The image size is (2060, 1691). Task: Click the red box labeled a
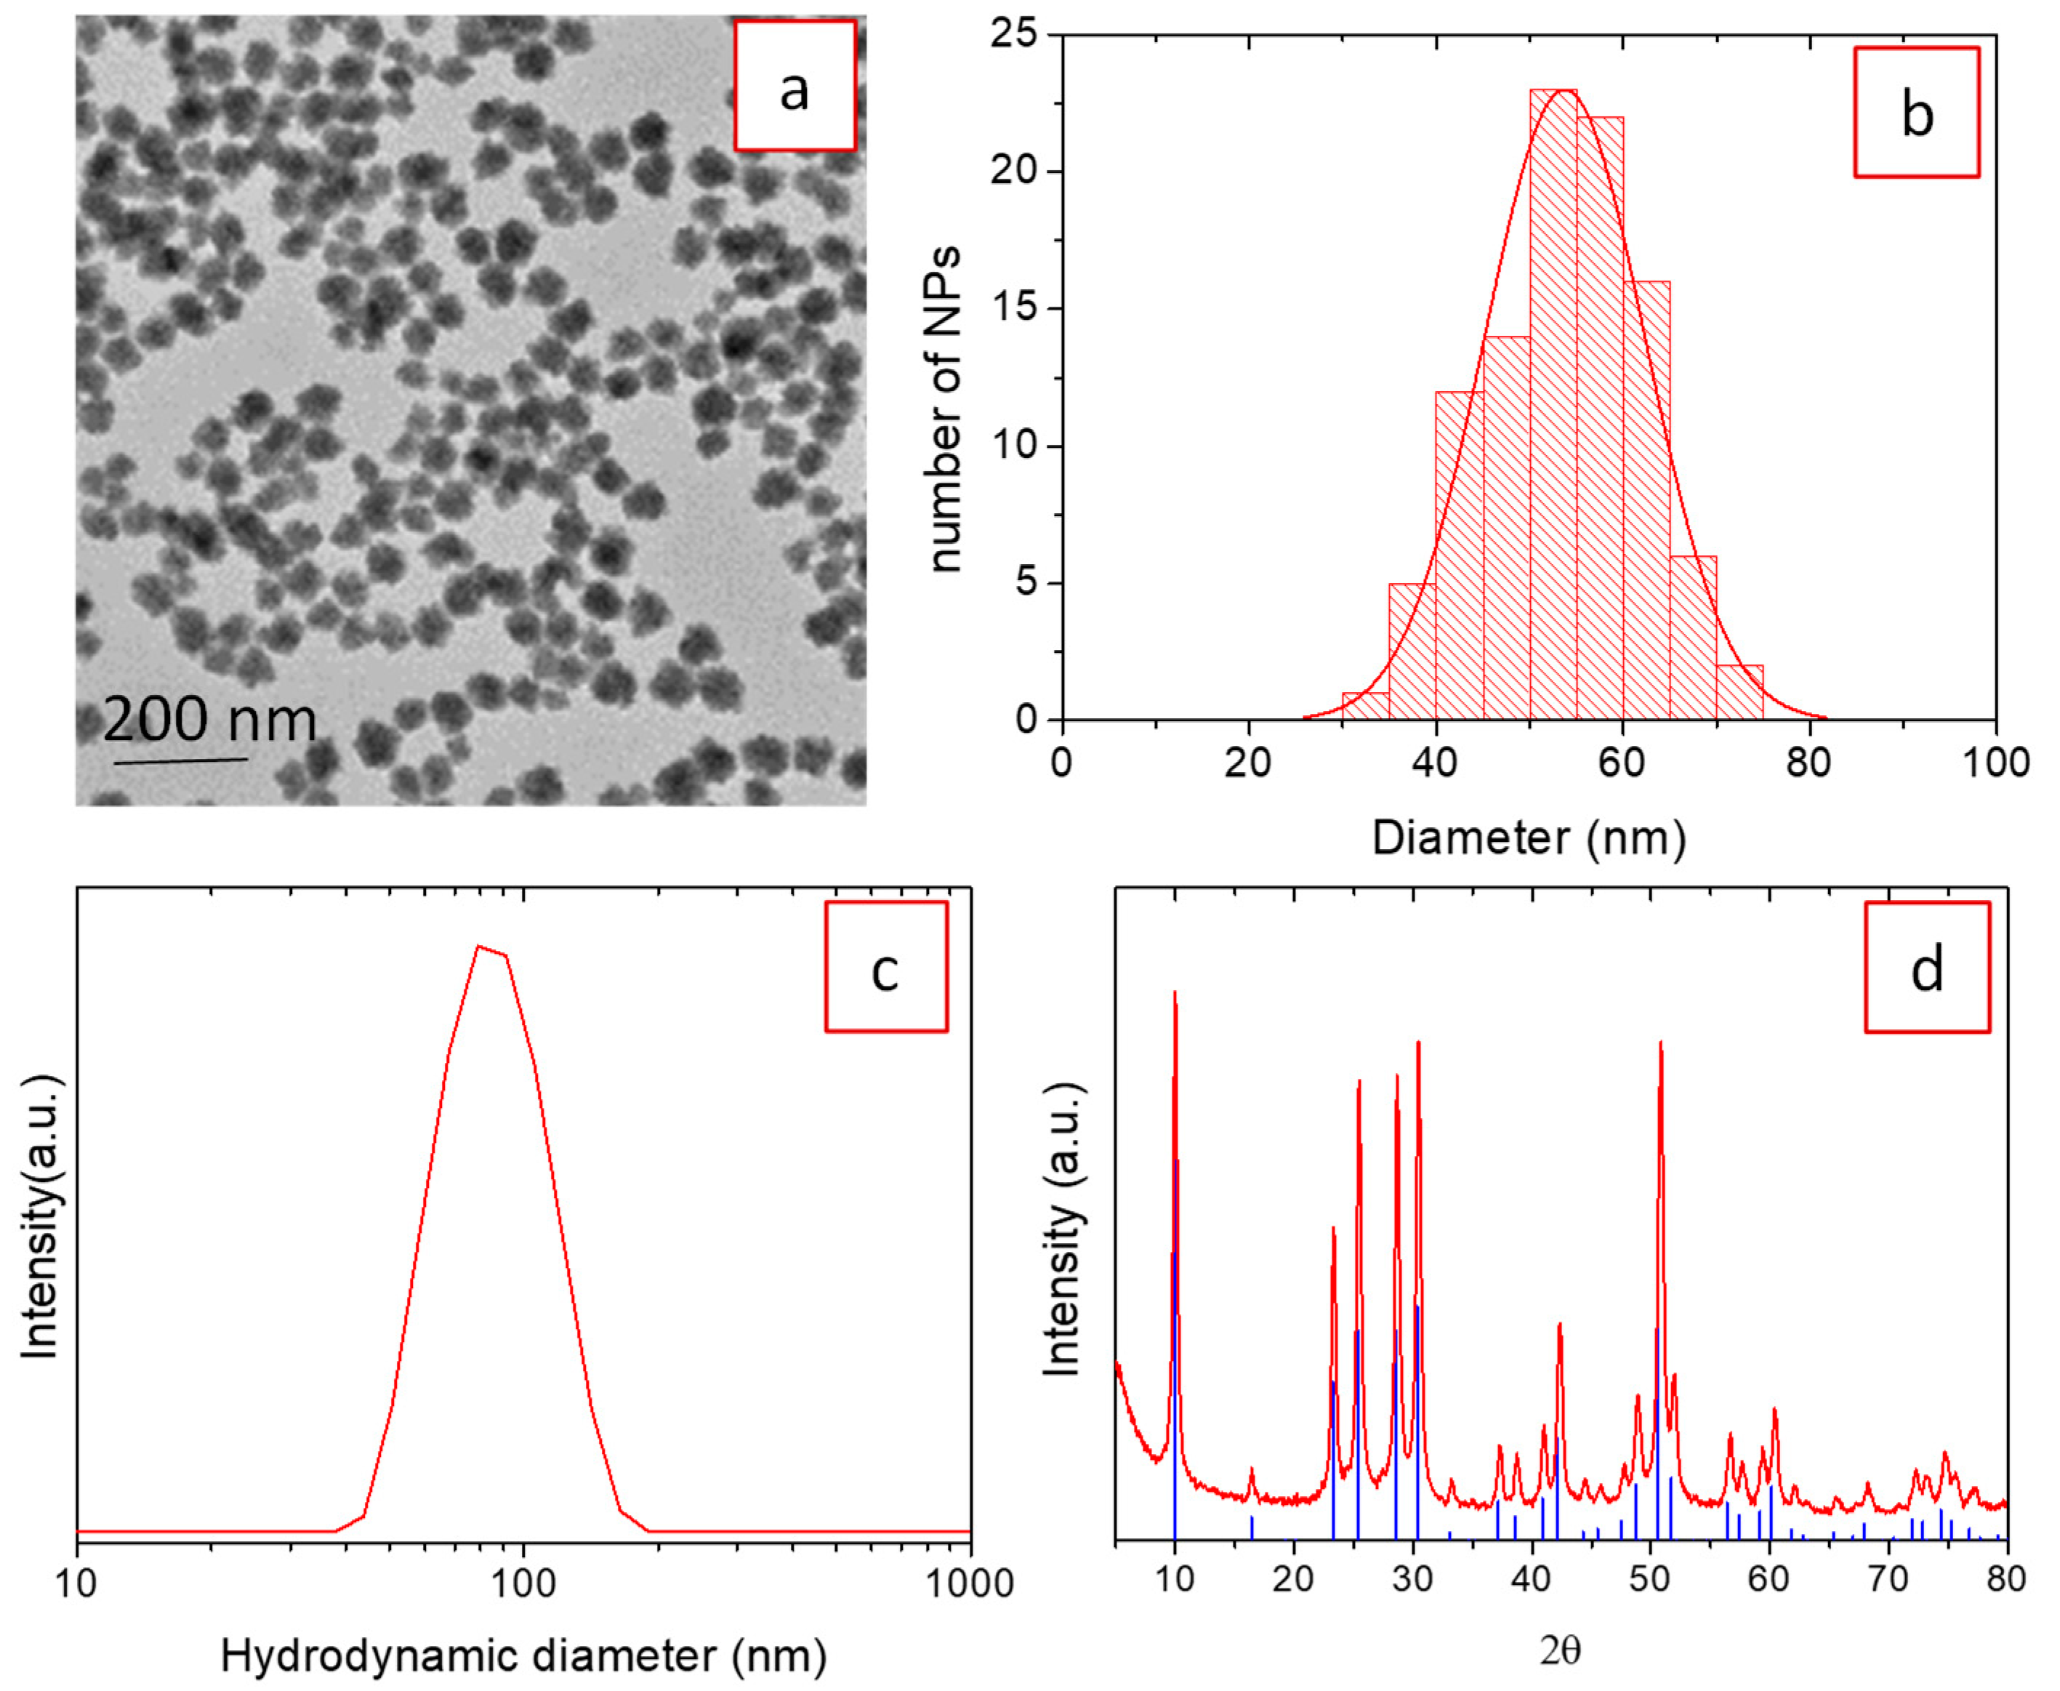pyautogui.click(x=794, y=86)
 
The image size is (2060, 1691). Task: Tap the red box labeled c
pyautogui.click(x=885, y=966)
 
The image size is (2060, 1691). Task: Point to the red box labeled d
pyautogui.click(x=1926, y=966)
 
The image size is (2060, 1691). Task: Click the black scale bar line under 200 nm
pyautogui.click(x=180, y=760)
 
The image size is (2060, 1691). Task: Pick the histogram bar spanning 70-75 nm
pyautogui.click(x=1739, y=694)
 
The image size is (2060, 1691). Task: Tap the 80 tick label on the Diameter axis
pyautogui.click(x=1808, y=763)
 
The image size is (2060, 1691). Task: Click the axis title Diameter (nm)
pyautogui.click(x=1528, y=838)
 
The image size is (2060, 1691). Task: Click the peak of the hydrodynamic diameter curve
pyautogui.click(x=478, y=947)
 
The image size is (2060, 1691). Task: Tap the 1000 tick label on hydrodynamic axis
pyautogui.click(x=968, y=1585)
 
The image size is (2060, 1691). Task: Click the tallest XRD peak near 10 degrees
pyautogui.click(x=1175, y=994)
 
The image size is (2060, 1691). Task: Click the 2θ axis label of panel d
pyautogui.click(x=1559, y=1651)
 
